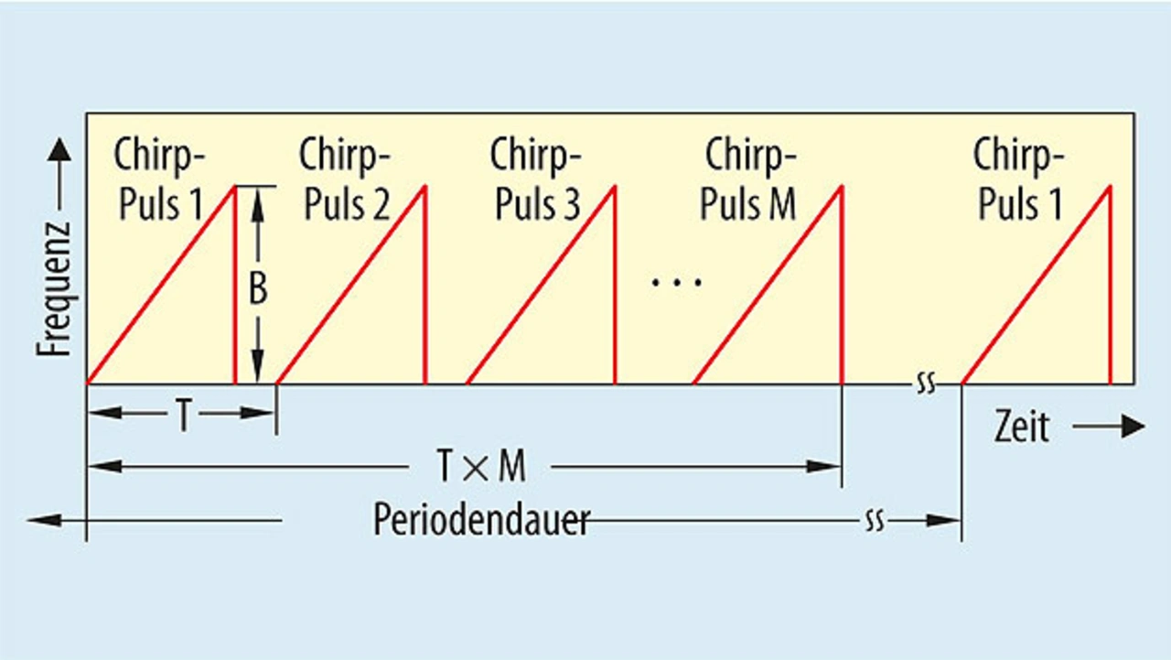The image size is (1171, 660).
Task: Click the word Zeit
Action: pos(1021,427)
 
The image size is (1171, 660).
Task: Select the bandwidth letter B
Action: pos(259,289)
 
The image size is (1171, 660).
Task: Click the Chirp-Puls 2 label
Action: pos(346,179)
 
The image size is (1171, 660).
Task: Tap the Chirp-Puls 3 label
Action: pos(536,179)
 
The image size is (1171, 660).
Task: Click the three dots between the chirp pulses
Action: pos(676,282)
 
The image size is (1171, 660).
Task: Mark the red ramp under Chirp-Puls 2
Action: pos(351,285)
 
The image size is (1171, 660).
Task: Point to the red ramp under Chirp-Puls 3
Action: pos(541,285)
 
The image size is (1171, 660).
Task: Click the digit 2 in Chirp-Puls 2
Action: pos(380,205)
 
